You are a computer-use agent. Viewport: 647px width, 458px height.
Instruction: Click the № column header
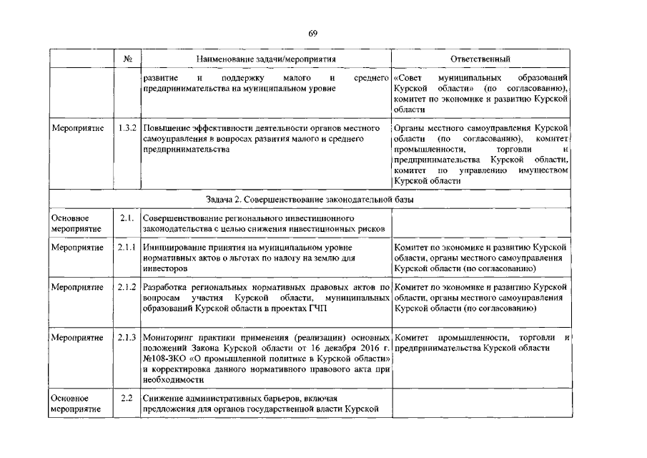click(128, 59)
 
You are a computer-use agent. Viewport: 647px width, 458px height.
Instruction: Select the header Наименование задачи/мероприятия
click(267, 59)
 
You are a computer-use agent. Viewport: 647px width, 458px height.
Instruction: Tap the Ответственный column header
click(480, 59)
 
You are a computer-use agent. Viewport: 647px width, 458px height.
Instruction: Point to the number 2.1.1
click(128, 248)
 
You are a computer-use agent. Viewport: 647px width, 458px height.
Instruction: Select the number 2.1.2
click(128, 287)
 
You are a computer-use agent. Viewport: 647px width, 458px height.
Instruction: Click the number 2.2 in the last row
click(127, 397)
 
